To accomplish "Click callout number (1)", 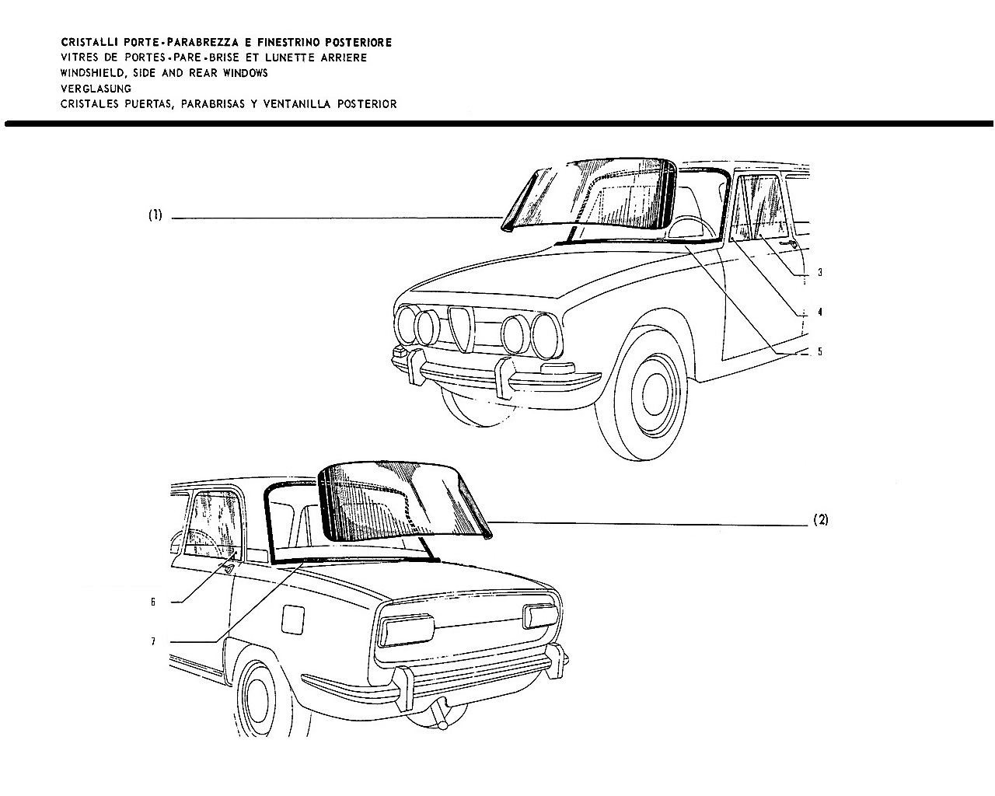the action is pyautogui.click(x=155, y=215).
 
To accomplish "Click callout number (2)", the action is pyautogui.click(x=821, y=520).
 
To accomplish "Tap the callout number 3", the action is pyautogui.click(x=820, y=272).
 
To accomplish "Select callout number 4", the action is pyautogui.click(x=820, y=312).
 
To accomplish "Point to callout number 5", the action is pyautogui.click(x=820, y=351).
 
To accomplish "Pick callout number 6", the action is pyautogui.click(x=153, y=602).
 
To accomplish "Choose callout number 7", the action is pyautogui.click(x=153, y=641).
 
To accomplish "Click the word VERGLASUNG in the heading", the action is pyautogui.click(x=96, y=89).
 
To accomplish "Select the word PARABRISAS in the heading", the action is pyautogui.click(x=213, y=104).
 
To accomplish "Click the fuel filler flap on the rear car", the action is pyautogui.click(x=293, y=619).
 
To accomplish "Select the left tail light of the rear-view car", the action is pyautogui.click(x=407, y=630).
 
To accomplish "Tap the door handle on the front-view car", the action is pyautogui.click(x=788, y=244).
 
